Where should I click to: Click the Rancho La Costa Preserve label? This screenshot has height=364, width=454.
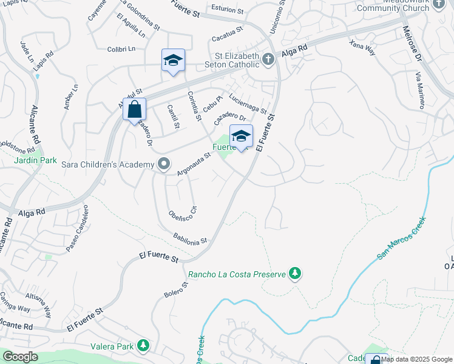click(237, 274)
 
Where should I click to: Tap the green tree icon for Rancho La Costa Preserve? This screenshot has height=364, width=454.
click(296, 274)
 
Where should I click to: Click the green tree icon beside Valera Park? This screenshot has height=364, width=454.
click(143, 346)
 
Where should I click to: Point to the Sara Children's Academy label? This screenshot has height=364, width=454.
click(108, 164)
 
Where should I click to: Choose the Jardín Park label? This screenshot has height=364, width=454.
click(35, 161)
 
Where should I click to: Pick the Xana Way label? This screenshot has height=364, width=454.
click(362, 47)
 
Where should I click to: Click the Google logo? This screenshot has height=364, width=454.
click(19, 357)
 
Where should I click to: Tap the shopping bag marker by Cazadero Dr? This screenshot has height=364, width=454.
click(134, 111)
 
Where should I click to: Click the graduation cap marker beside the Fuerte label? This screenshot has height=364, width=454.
click(241, 137)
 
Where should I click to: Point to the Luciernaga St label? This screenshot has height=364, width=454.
click(248, 102)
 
